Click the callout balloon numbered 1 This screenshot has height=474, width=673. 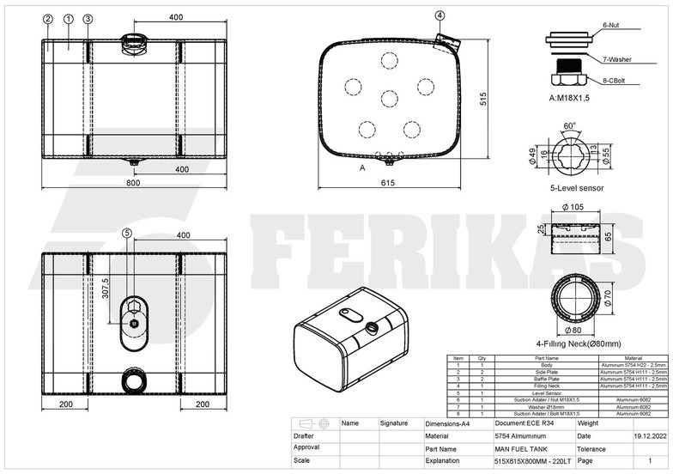click(x=68, y=18)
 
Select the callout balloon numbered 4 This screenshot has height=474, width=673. click(x=440, y=15)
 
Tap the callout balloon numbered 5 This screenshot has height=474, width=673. click(x=127, y=232)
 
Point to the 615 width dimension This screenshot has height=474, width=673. click(x=390, y=183)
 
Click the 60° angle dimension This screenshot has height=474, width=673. click(x=569, y=125)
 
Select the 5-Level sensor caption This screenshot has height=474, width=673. click(x=577, y=187)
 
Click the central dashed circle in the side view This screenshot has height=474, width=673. click(x=389, y=99)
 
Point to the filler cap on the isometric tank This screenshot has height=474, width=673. click(x=372, y=327)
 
